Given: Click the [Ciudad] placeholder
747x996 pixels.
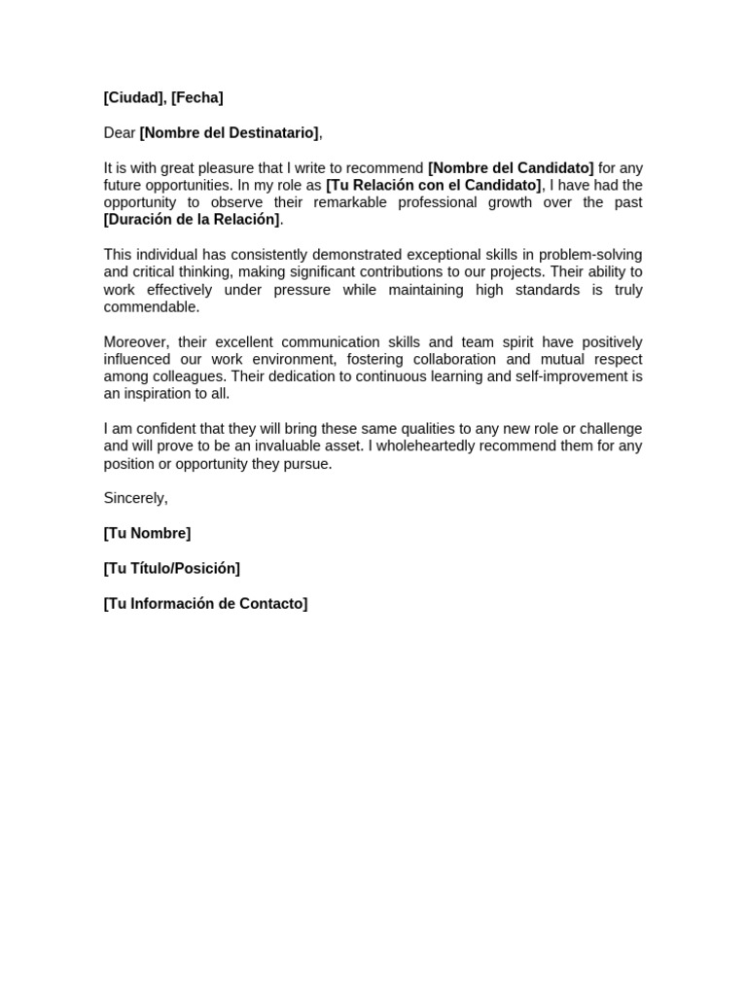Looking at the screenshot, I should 134,97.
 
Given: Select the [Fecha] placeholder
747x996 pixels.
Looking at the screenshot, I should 196,97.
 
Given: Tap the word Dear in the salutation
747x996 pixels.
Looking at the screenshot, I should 120,132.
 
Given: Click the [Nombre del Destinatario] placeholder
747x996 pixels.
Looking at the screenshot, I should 229,132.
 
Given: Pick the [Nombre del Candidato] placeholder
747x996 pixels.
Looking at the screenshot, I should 511,167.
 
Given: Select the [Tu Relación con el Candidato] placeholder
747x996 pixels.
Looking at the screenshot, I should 434,185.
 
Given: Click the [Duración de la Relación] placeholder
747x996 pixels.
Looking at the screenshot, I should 192,220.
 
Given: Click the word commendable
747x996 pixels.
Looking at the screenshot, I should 151,307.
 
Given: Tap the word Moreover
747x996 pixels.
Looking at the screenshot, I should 135,342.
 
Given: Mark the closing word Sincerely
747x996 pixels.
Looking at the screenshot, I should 135,498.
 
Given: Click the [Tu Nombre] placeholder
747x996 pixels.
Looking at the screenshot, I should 147,533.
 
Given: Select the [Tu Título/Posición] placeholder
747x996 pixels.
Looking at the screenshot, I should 172,568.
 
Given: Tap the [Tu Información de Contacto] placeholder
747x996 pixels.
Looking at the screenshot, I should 205,603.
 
